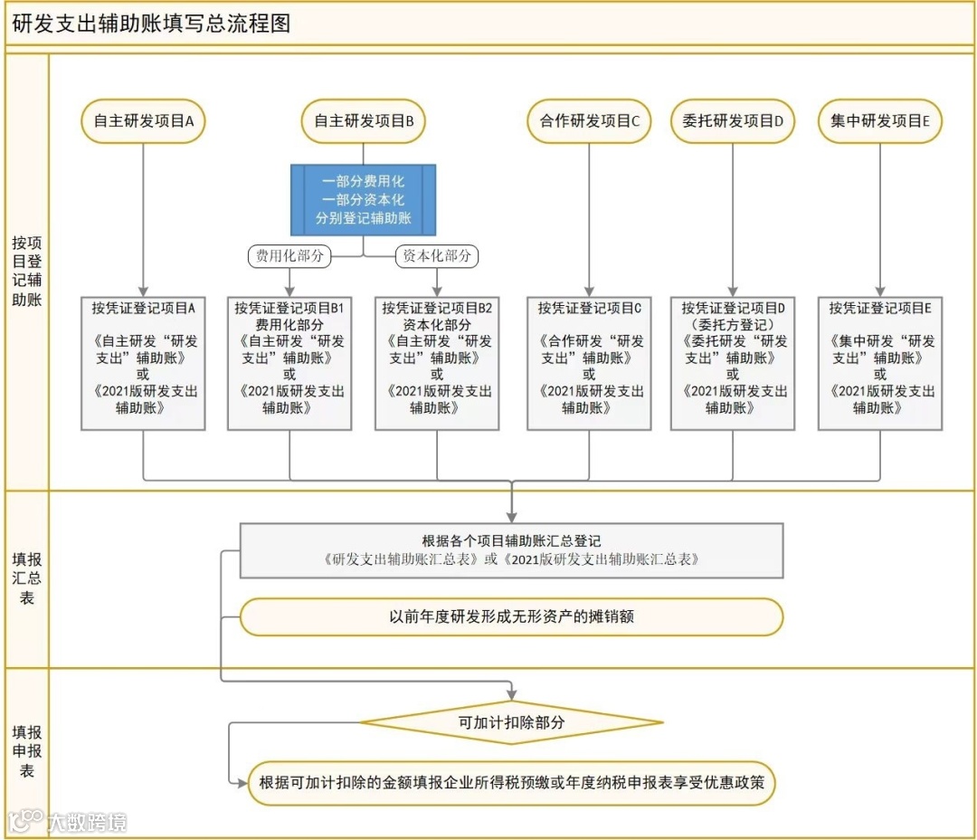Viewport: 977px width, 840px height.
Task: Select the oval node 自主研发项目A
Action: [x=143, y=121]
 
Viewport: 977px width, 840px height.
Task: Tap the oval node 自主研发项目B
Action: [x=364, y=121]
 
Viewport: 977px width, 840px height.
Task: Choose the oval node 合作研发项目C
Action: [x=589, y=121]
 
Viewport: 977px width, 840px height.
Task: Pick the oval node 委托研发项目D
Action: [x=733, y=121]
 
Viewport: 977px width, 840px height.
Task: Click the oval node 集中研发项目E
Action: [x=880, y=121]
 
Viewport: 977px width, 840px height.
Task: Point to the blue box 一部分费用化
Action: [x=364, y=200]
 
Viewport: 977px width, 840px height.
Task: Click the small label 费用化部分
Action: [x=289, y=256]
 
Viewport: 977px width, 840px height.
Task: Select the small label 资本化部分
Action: [x=437, y=256]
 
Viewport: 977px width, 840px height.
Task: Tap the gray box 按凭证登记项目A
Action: [x=143, y=363]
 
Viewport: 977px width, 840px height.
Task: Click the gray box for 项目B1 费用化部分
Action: [x=289, y=363]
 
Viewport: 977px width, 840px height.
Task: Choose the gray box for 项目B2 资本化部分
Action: [x=437, y=363]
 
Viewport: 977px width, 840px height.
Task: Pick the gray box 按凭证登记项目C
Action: [x=589, y=363]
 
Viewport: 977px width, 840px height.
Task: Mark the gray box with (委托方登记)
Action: [x=733, y=363]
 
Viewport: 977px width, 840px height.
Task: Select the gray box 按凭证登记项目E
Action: [x=880, y=363]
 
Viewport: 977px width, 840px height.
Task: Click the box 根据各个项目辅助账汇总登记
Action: [x=511, y=550]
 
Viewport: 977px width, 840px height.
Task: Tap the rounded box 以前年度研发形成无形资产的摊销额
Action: [x=511, y=616]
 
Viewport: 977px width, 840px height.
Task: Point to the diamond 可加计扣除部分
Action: [x=511, y=722]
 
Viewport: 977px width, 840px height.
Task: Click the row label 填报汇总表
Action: [x=27, y=578]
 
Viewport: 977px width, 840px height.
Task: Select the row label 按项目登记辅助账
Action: [x=27, y=271]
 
